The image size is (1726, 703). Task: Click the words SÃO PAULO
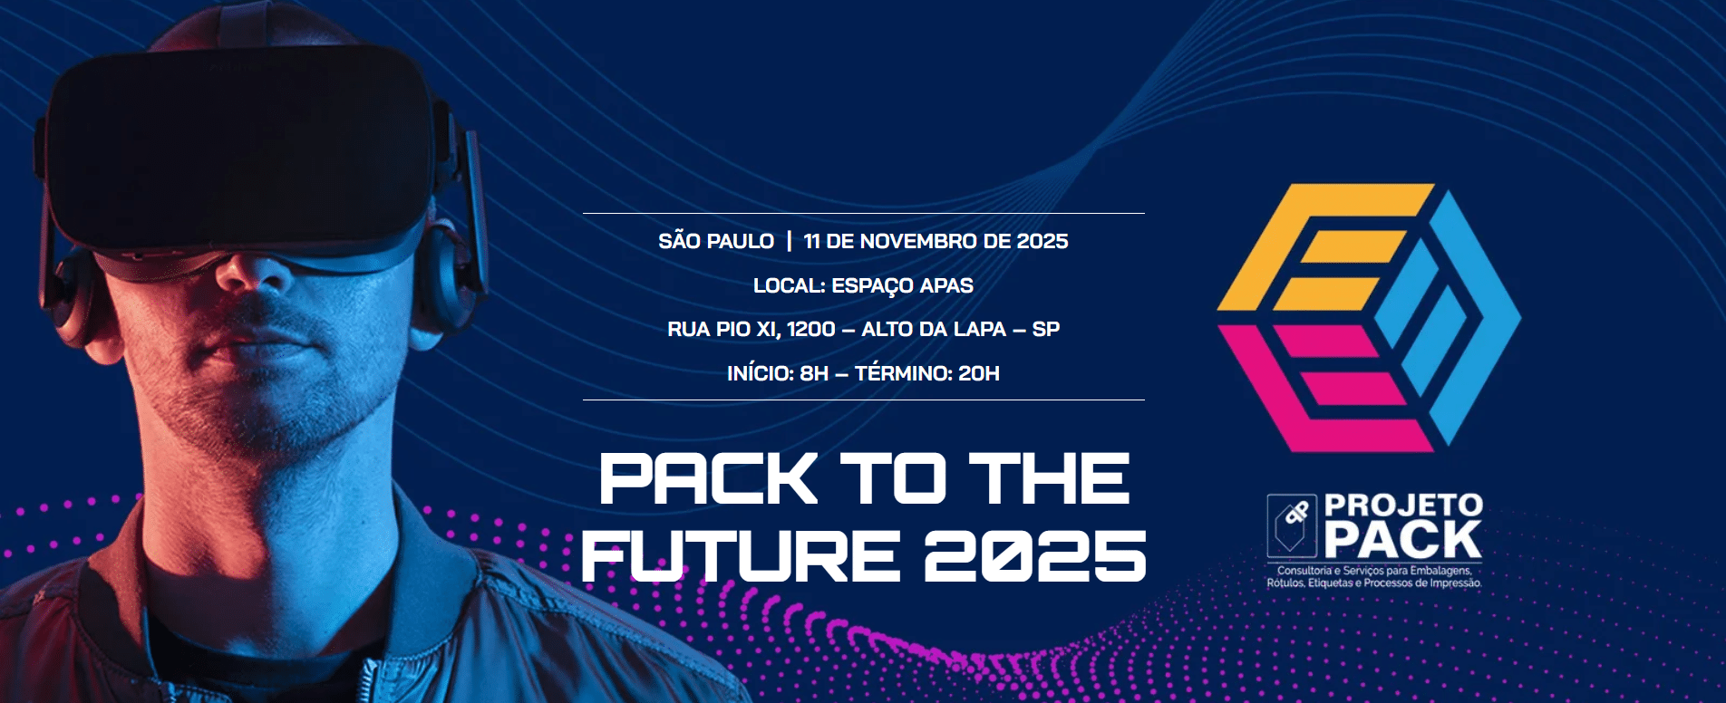pyautogui.click(x=716, y=241)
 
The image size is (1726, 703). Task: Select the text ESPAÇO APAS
pyautogui.click(x=902, y=285)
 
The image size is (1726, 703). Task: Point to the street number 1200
pyautogui.click(x=810, y=329)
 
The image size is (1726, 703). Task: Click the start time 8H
pyautogui.click(x=814, y=373)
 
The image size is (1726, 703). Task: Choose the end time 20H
pyautogui.click(x=979, y=373)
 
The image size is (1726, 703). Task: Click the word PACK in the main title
pyautogui.click(x=708, y=479)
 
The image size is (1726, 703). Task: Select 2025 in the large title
pyautogui.click(x=1035, y=555)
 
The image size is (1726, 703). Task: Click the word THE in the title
pyautogui.click(x=1050, y=479)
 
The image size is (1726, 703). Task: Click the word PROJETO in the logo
pyautogui.click(x=1403, y=506)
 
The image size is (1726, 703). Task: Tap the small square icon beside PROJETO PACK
pyautogui.click(x=1292, y=525)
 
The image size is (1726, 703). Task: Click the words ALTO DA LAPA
pyautogui.click(x=934, y=329)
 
